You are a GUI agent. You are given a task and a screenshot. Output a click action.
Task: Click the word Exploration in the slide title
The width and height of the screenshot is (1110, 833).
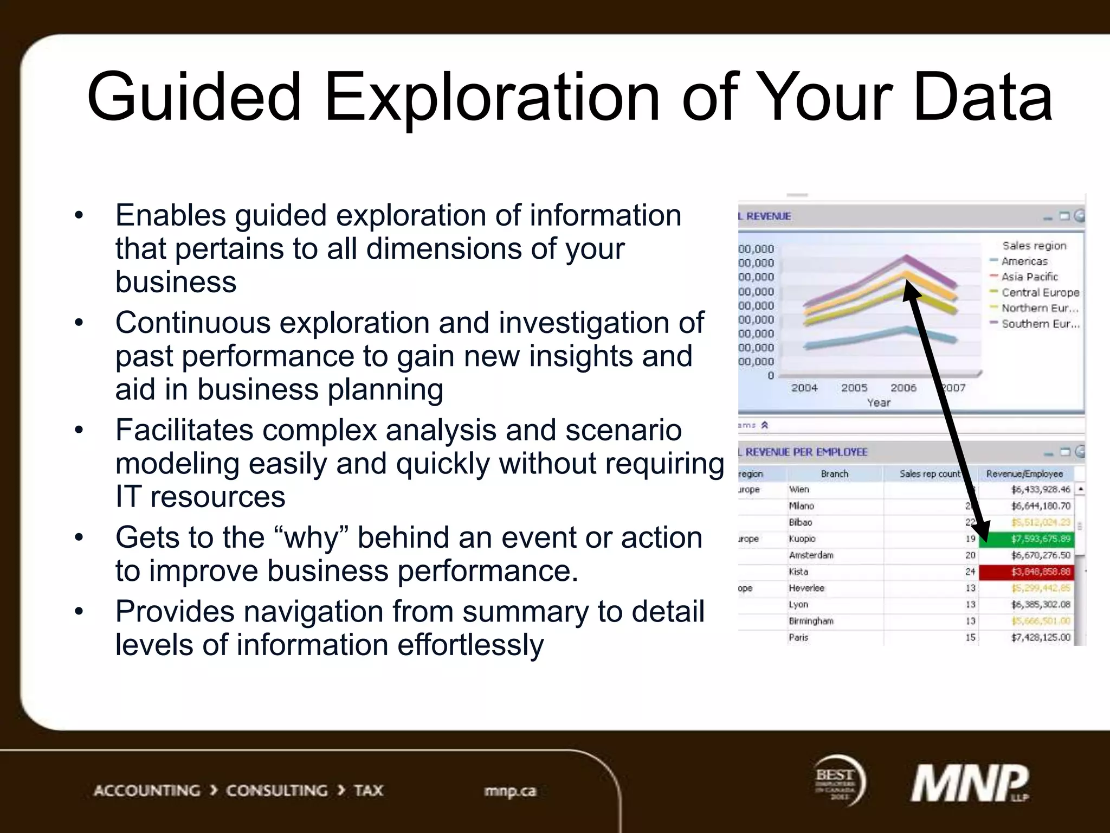492,98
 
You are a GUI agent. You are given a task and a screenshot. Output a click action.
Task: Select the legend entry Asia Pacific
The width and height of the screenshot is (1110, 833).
1029,277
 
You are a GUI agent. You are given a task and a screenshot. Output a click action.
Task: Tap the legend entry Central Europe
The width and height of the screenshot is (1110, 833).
1040,293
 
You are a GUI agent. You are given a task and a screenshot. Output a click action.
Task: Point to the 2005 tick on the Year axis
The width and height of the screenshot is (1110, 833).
854,388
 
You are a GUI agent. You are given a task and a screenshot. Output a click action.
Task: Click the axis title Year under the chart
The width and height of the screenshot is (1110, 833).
879,403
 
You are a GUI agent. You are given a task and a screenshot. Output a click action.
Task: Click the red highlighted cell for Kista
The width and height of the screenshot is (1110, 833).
1027,572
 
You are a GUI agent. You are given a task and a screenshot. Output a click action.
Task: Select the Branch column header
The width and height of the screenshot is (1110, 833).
834,474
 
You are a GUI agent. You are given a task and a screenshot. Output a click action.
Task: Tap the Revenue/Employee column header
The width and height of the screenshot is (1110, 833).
1024,474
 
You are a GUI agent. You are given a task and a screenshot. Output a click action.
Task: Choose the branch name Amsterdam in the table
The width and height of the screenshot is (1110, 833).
811,555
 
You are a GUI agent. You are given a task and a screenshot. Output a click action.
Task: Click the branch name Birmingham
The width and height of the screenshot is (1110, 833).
811,621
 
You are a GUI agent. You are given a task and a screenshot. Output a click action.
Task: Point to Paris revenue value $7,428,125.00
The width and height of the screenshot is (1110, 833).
1041,638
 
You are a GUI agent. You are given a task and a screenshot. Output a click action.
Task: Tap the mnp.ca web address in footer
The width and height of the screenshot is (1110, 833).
510,791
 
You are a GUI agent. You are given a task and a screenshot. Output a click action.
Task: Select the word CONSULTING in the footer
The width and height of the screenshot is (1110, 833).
276,791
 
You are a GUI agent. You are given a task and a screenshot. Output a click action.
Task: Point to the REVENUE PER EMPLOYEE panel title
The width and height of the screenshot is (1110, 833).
806,452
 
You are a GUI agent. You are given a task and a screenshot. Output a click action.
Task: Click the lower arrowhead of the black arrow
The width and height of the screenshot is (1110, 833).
983,531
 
